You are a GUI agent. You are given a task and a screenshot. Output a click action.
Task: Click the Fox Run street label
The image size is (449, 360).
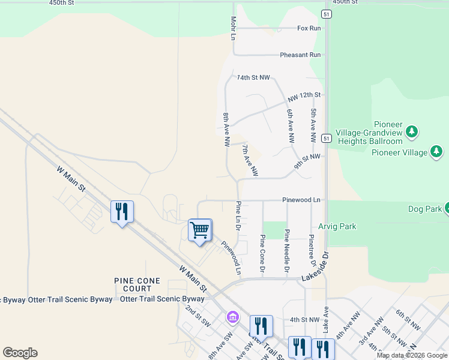coord(309,28)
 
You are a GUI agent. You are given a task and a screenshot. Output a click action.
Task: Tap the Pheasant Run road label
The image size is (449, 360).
coord(300,55)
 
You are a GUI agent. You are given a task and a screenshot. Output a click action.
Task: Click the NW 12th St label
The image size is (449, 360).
coord(304,96)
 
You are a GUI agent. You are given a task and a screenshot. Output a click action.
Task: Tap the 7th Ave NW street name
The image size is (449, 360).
coord(250,160)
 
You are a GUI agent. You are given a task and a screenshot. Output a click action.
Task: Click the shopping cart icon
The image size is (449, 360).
coord(199,229)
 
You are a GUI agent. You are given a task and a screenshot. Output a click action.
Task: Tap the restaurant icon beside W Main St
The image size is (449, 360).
coord(122,211)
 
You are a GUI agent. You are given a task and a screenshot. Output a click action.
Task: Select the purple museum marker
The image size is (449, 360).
coord(232,316)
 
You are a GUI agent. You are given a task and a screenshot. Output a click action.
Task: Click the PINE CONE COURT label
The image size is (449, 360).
coord(137,284)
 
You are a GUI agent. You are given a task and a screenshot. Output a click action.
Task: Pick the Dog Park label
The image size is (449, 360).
coord(424,209)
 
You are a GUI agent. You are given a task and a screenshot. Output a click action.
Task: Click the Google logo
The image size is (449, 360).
coord(20,353)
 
